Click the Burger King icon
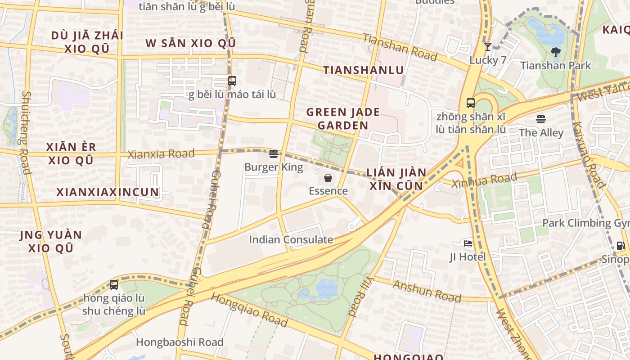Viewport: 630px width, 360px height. [x=273, y=154]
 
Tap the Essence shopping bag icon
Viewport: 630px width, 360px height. [x=328, y=178]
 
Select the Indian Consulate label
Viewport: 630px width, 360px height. [x=291, y=239]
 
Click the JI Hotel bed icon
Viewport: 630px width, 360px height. [x=468, y=243]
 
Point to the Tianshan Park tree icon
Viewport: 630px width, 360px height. [x=555, y=52]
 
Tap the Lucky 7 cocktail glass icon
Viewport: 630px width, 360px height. [x=487, y=46]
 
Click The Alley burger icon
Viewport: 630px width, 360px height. [x=541, y=119]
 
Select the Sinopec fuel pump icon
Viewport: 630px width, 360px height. [x=621, y=246]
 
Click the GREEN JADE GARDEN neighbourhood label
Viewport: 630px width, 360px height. [x=343, y=119]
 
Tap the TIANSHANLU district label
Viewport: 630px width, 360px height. [x=364, y=70]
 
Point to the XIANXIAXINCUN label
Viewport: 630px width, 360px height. [x=108, y=192]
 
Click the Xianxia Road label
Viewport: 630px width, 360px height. [x=161, y=154]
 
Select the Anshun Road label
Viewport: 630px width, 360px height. [x=427, y=291]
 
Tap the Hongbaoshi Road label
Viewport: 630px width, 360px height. [x=180, y=342]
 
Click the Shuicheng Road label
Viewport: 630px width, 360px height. [x=27, y=132]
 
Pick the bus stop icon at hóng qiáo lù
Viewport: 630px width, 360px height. [x=114, y=284]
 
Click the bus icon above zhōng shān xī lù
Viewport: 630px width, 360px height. [x=471, y=103]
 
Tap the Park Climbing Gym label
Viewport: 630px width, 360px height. [x=585, y=223]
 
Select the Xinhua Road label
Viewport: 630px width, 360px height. [x=484, y=180]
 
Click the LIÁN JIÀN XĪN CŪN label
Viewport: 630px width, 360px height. [x=396, y=179]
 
